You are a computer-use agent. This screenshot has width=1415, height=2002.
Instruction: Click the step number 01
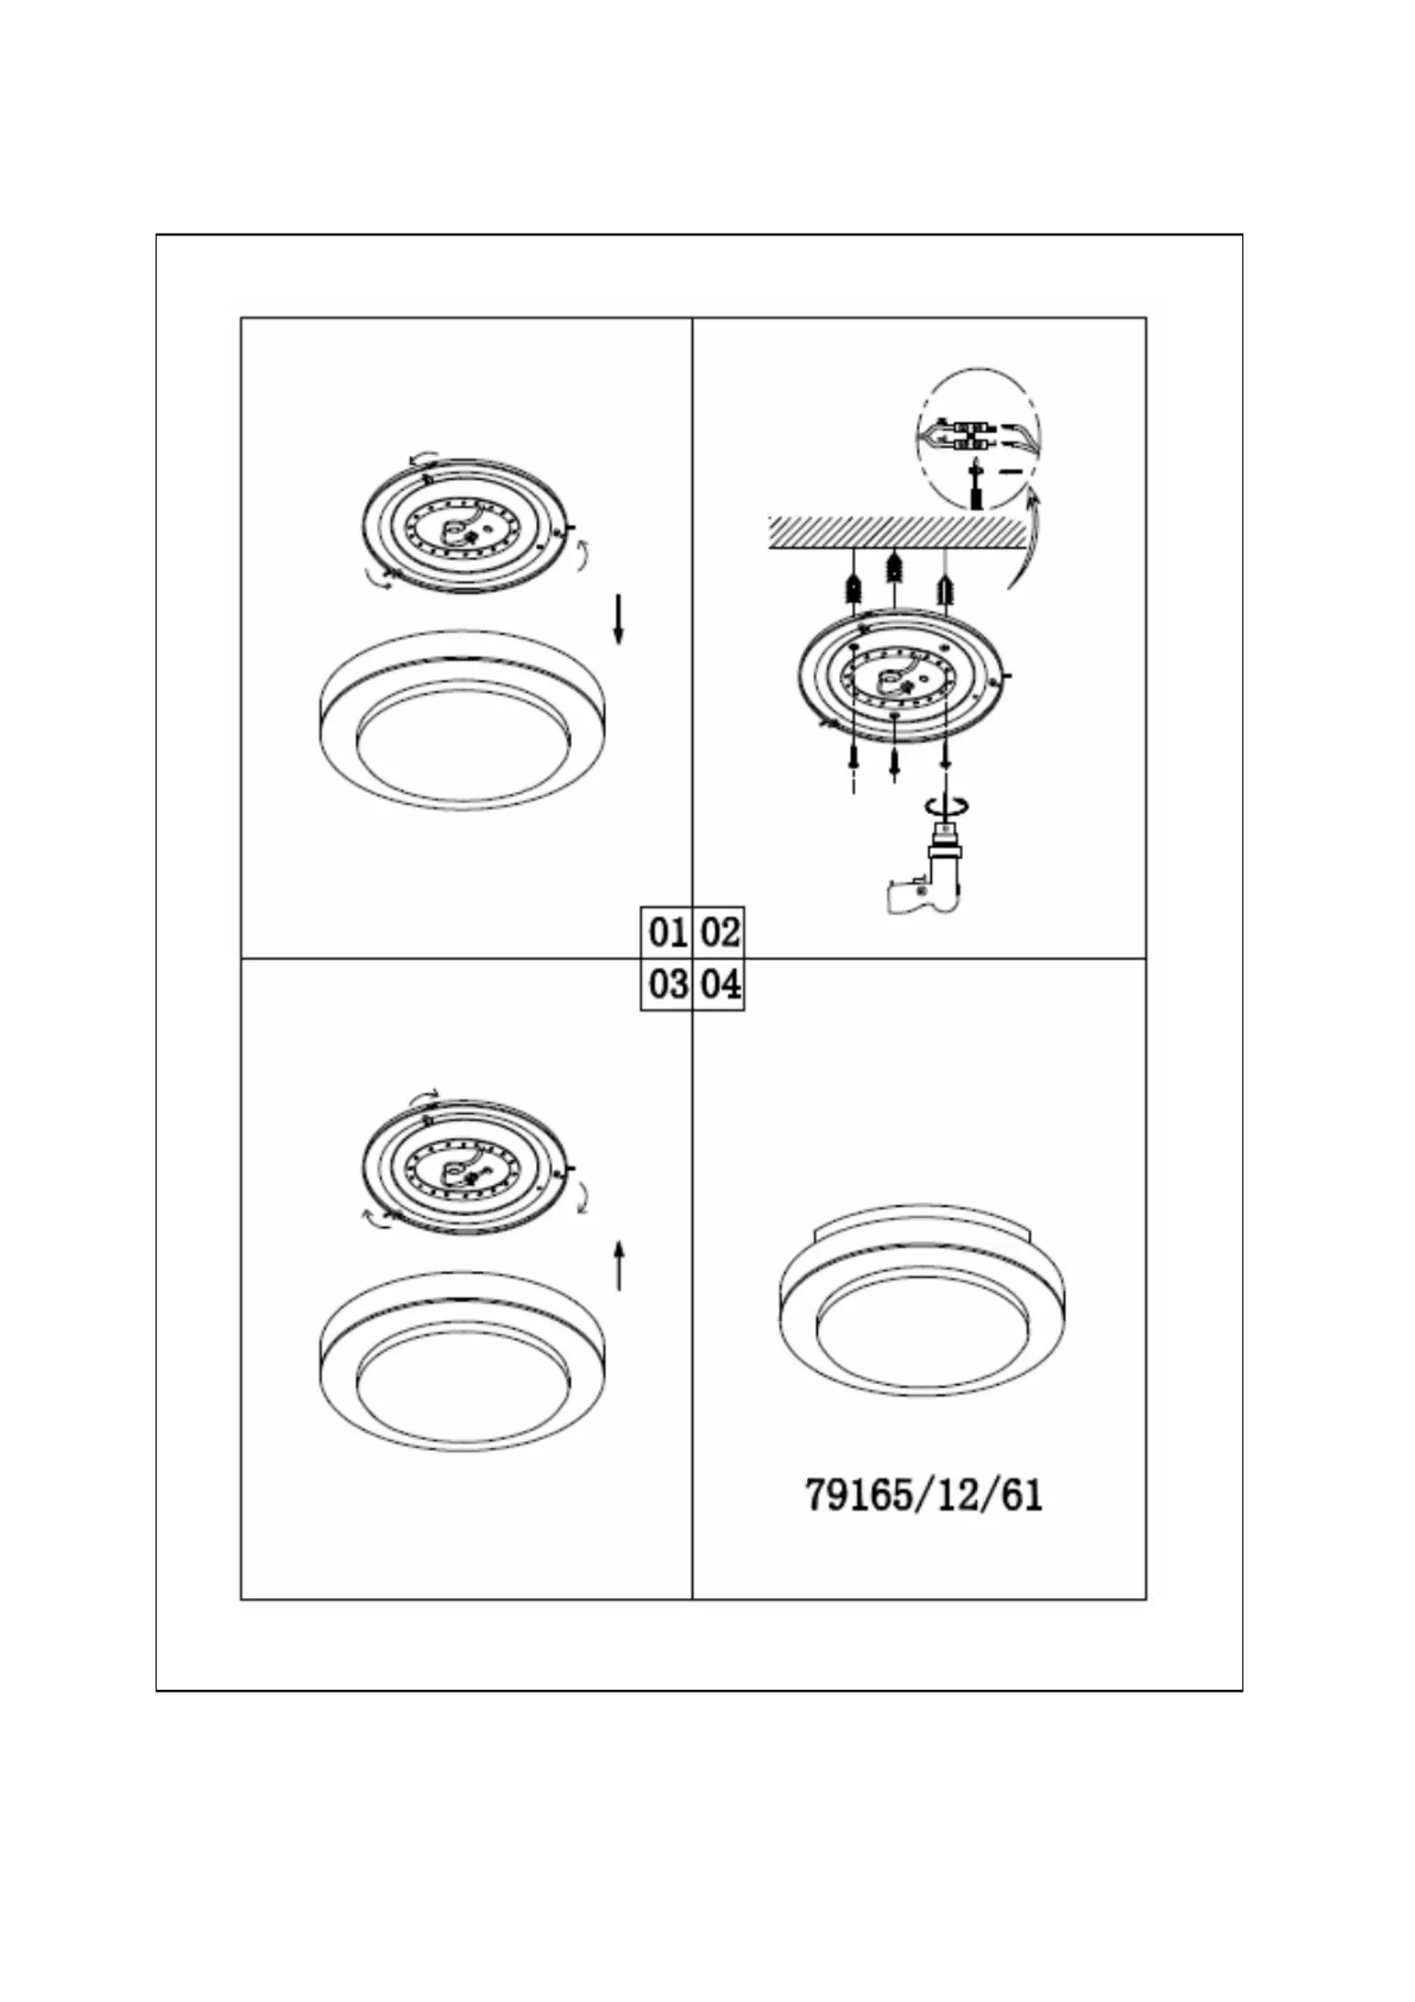pyautogui.click(x=668, y=933)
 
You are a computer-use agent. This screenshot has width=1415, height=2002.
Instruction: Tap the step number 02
pyautogui.click(x=720, y=933)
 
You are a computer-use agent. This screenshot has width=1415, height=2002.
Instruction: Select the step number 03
pyautogui.click(x=668, y=985)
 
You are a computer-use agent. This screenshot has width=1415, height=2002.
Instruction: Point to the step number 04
pyautogui.click(x=720, y=985)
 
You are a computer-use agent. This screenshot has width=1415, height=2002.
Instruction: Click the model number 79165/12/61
pyautogui.click(x=924, y=1494)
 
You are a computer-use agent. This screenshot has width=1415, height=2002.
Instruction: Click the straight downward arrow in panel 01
pyautogui.click(x=618, y=620)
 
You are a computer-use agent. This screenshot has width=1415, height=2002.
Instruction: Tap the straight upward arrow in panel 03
pyautogui.click(x=619, y=1264)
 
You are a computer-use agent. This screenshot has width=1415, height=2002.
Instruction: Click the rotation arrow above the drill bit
pyautogui.click(x=947, y=805)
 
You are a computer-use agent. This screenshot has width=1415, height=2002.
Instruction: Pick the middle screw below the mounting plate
pyautogui.click(x=893, y=762)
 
